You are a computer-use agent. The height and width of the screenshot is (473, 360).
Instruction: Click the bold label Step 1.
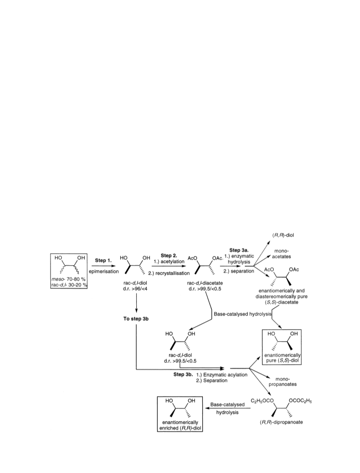point(103,260)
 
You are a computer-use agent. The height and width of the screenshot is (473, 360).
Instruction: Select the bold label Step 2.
point(169,256)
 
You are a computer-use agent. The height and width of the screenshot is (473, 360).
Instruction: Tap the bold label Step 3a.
point(239,250)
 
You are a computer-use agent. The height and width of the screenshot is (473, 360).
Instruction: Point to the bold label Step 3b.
point(183,374)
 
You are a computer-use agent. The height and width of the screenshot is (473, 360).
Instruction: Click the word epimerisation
point(104,271)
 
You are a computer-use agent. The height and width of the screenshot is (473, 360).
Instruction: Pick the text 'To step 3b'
point(136,318)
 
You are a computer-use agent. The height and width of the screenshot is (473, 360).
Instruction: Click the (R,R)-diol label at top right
point(281,235)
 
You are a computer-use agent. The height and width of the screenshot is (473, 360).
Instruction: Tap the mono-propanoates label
point(283,382)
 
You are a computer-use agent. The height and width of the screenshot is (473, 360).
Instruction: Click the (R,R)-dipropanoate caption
point(281,422)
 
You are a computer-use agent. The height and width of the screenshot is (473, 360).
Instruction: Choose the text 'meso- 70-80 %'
point(69,279)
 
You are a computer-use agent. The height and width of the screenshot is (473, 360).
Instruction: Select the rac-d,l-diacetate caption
point(205,283)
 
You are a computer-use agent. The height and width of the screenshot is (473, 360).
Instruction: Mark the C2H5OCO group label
point(262,401)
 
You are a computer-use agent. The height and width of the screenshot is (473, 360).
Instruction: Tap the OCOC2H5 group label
point(300,401)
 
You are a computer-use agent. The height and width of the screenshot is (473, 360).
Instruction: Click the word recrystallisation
point(172,273)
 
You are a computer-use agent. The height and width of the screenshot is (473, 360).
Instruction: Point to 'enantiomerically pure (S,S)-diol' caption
point(282,358)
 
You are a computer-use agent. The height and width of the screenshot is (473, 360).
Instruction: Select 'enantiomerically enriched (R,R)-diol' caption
point(180,425)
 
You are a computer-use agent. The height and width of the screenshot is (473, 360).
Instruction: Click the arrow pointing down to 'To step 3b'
point(137,302)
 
